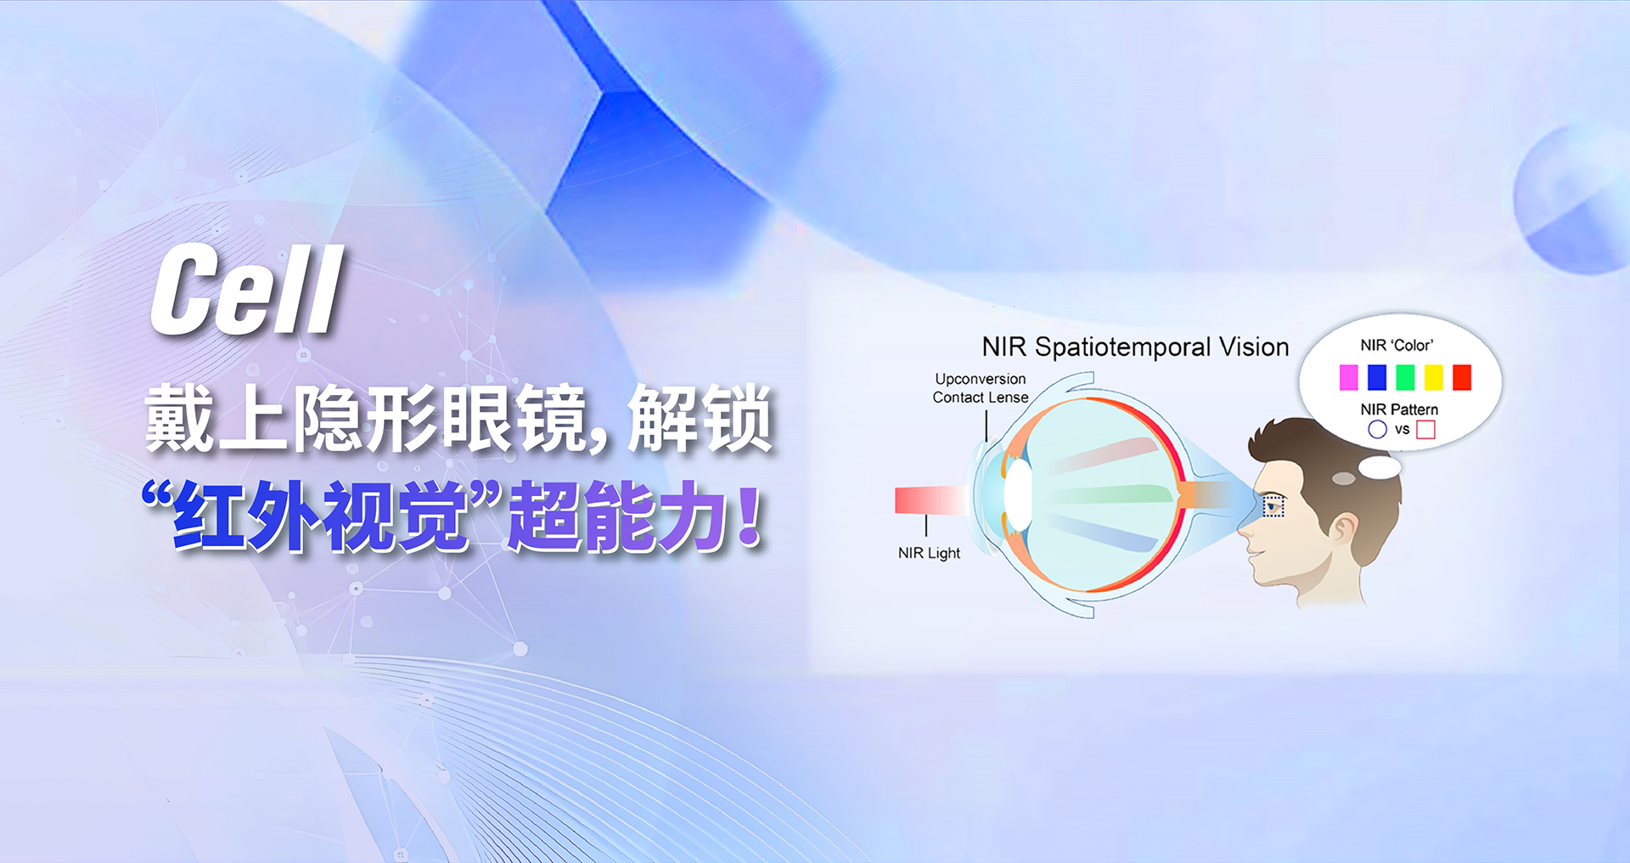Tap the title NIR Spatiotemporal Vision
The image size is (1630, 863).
[x=1135, y=347]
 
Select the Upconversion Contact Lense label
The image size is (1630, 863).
[x=981, y=388]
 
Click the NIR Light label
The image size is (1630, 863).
[x=929, y=553]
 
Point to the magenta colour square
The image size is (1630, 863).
[x=1348, y=377]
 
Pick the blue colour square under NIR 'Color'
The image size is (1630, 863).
[x=1377, y=377]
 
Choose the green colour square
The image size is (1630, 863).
[x=1405, y=377]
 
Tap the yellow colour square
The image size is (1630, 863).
[x=1434, y=377]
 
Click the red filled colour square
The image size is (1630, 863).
[x=1462, y=377]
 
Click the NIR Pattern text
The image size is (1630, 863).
[x=1399, y=409]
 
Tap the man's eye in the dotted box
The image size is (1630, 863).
[x=1273, y=506]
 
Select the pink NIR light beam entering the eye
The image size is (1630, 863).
[x=931, y=499]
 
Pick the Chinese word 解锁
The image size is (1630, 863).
[x=700, y=418]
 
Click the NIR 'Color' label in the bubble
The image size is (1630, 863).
[x=1397, y=346]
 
